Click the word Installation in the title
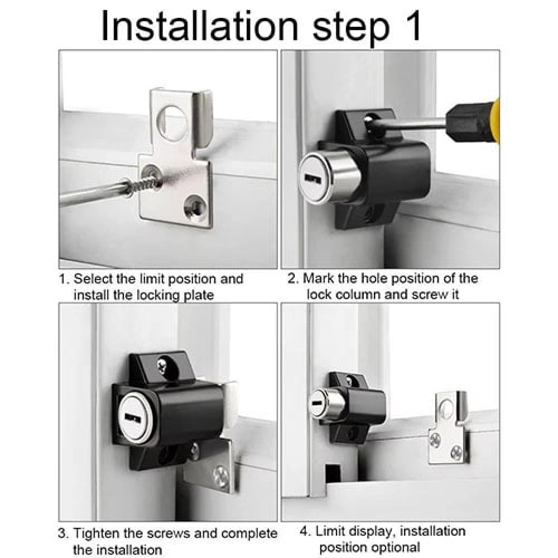[200, 26]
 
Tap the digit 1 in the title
[411, 26]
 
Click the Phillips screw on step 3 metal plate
[221, 476]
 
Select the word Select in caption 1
[94, 278]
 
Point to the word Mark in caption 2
[319, 278]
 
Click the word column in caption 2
[358, 295]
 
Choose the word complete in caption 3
[249, 533]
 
